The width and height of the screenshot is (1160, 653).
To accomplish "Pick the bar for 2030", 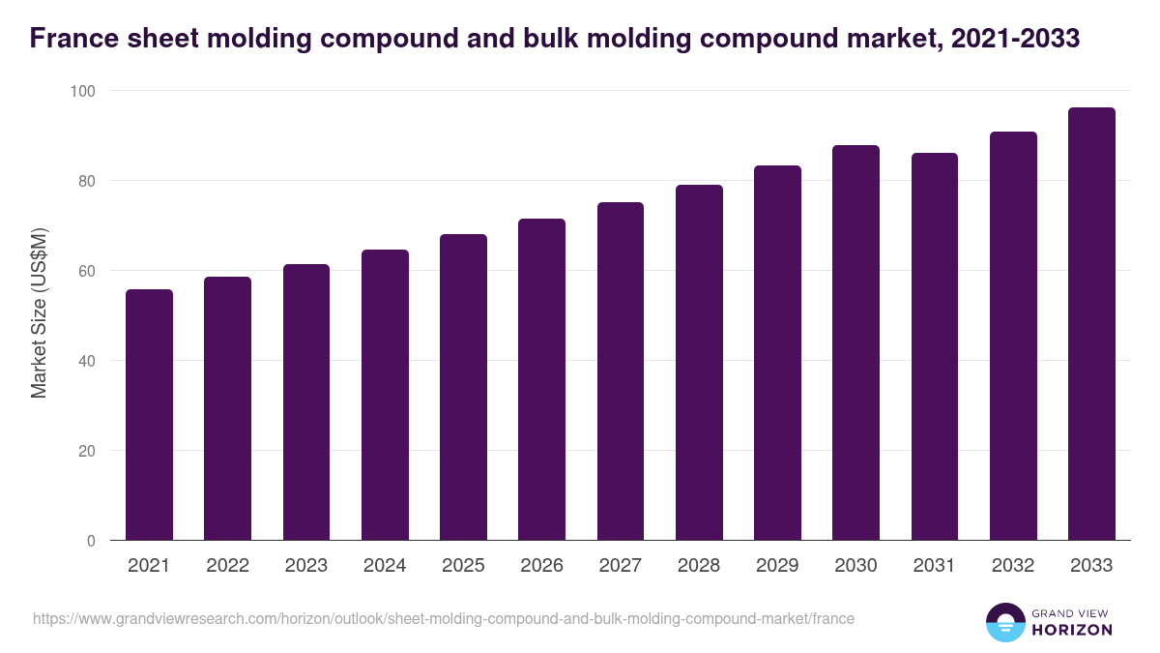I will [x=855, y=342].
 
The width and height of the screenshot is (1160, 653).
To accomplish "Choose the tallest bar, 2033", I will [x=1091, y=323].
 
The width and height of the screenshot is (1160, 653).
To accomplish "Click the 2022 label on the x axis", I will [x=227, y=566].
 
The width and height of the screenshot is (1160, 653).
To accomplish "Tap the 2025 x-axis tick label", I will [x=463, y=566].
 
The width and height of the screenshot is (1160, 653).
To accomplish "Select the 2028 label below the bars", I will [x=699, y=566].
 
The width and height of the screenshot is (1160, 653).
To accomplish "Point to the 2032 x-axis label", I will [x=1013, y=566].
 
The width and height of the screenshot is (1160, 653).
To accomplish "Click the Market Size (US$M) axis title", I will [x=39, y=312].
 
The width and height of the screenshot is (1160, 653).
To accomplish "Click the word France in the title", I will [x=72, y=39].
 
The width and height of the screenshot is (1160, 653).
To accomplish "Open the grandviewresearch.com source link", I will [x=444, y=618].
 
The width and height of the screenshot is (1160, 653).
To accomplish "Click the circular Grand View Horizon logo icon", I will [x=1004, y=623].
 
